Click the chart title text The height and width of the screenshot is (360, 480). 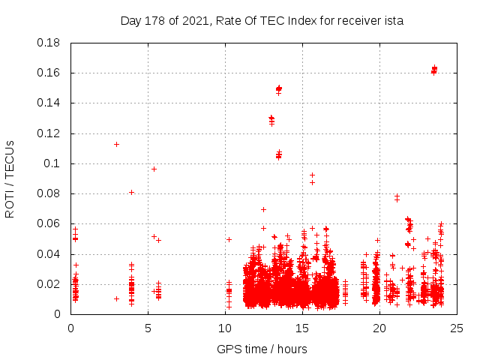coord(262,21)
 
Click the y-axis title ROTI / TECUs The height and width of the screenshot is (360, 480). coord(10,178)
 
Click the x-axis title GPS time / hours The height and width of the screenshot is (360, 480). coord(262,349)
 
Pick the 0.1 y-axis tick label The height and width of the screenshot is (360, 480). coord(54,163)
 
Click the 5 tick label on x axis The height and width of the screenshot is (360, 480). coord(148,328)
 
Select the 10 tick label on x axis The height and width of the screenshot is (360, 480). coord(225,328)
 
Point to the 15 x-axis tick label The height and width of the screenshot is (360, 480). coord(302,328)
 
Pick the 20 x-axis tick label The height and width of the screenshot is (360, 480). coord(379,328)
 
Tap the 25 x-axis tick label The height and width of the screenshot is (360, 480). coord(457,328)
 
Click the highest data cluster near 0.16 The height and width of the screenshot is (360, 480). coord(434,70)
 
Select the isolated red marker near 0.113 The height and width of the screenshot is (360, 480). coord(116,144)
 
